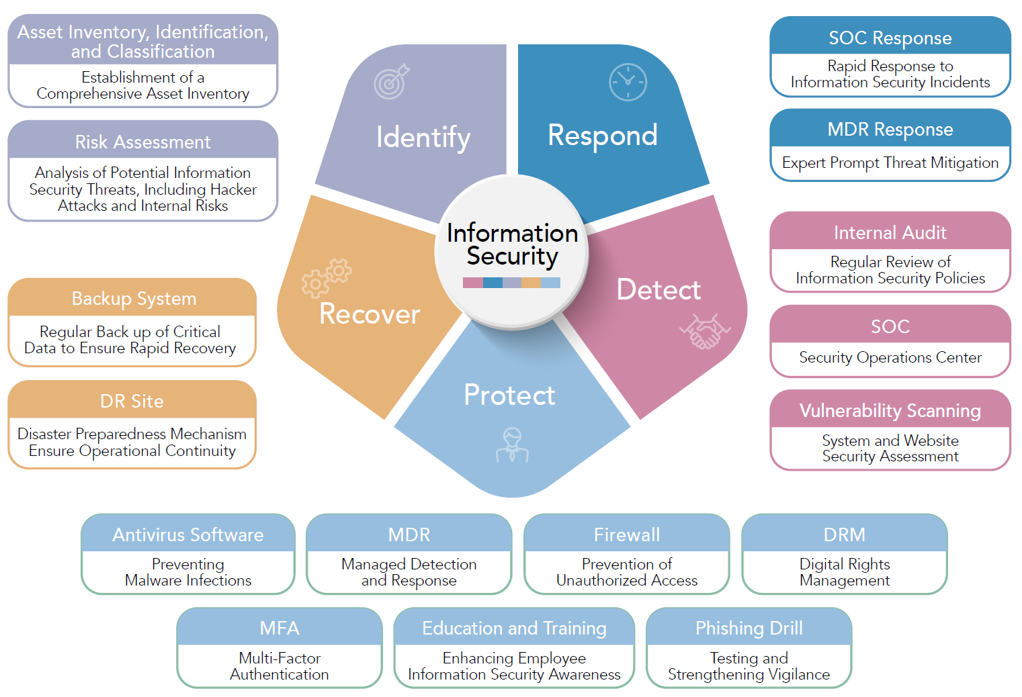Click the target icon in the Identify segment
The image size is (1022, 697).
click(392, 81)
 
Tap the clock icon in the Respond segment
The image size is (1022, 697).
click(628, 82)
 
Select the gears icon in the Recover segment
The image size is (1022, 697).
click(326, 277)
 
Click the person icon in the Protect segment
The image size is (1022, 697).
click(512, 445)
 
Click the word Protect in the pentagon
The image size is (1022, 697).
click(509, 395)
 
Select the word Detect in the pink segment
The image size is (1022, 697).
click(658, 289)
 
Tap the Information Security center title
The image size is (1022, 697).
click(512, 244)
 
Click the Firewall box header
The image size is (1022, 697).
click(627, 535)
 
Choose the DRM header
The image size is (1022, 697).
click(845, 535)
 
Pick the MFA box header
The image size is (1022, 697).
click(280, 628)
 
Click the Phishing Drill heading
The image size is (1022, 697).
click(749, 628)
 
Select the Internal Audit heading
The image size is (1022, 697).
click(890, 232)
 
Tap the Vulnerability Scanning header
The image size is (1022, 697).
click(890, 410)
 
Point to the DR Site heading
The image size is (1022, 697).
click(132, 401)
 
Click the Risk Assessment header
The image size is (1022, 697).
click(142, 142)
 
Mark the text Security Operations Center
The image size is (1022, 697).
click(890, 357)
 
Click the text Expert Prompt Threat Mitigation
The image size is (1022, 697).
click(890, 162)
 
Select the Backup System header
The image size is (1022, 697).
click(134, 298)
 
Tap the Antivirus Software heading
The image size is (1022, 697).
click(188, 535)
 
